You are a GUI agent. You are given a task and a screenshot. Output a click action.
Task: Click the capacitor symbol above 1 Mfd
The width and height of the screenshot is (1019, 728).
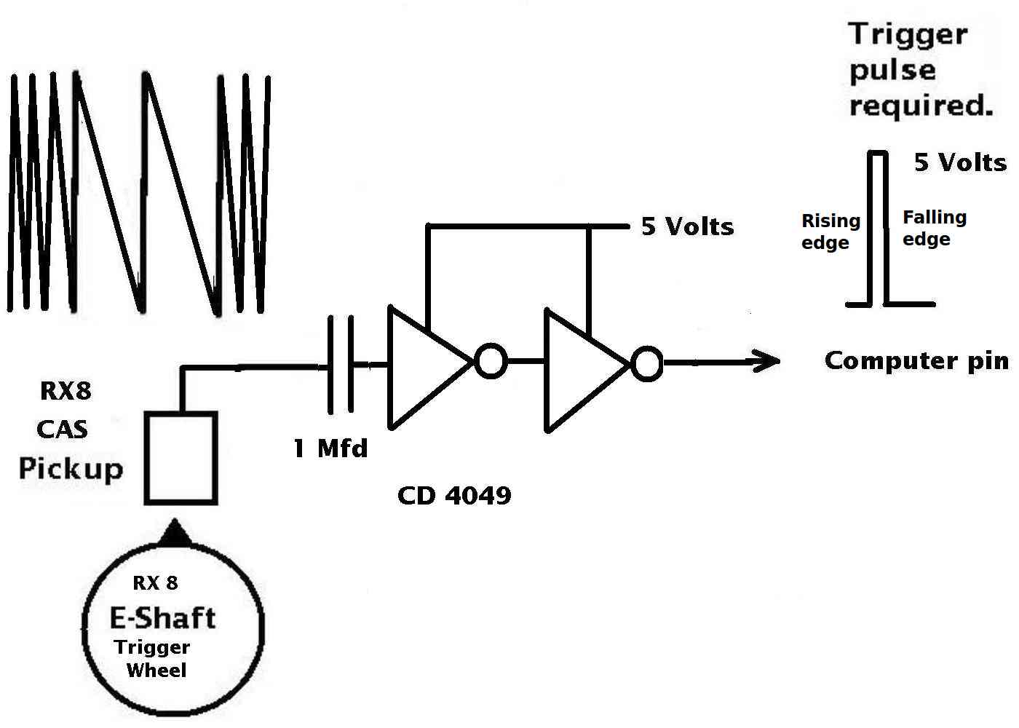341,365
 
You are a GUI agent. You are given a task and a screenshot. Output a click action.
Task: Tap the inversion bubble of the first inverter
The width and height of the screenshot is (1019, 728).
491,361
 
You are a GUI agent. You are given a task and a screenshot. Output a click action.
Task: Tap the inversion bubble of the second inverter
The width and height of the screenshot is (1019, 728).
647,363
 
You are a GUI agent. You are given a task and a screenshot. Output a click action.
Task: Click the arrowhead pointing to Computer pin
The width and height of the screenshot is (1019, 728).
766,361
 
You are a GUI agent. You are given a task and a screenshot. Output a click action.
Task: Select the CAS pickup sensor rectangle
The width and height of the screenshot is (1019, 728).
181,458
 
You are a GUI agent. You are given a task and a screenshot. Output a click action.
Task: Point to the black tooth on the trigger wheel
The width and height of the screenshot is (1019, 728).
175,533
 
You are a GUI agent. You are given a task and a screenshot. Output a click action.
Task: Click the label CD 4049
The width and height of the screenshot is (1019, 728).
454,496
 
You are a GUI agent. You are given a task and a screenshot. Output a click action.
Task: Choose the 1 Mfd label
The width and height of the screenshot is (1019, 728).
330,448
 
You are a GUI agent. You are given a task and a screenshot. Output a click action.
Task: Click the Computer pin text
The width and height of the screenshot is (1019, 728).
916,362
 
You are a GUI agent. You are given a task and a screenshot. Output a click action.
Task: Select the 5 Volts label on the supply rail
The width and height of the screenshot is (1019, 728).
687,226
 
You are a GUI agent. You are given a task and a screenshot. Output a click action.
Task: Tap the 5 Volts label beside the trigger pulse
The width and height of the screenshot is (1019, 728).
960,162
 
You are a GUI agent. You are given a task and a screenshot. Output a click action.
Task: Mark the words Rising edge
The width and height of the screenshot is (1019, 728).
830,232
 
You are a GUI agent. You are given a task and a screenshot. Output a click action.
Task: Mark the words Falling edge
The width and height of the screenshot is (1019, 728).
935,228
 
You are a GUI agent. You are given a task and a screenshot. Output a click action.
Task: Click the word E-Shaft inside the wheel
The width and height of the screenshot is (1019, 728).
163,618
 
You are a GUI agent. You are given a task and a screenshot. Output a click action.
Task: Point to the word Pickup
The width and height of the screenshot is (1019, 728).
71,469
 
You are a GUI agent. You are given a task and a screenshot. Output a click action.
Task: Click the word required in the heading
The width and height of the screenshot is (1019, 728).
921,106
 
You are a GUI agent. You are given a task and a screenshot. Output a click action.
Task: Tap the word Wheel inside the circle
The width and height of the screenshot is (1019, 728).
156,670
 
